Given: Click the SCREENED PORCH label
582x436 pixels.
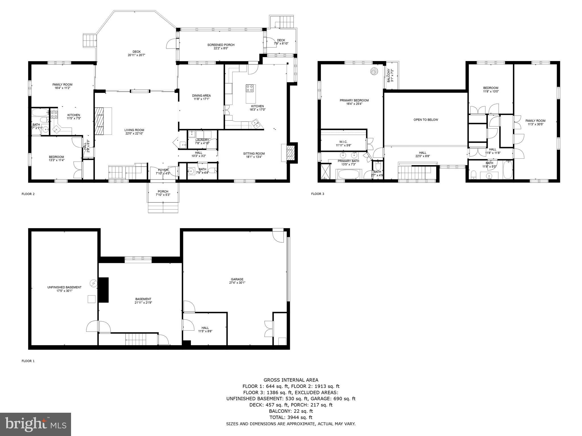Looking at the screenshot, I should pyautogui.click(x=221, y=45).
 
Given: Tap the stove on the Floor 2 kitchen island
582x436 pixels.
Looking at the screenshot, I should pyautogui.click(x=250, y=88).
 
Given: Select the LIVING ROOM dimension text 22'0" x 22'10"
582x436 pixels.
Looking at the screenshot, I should pyautogui.click(x=134, y=133).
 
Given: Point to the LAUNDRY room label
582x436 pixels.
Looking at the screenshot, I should pyautogui.click(x=202, y=140).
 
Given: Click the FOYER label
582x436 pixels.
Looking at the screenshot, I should pyautogui.click(x=163, y=170).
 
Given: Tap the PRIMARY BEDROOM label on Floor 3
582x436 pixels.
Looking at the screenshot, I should pyautogui.click(x=354, y=100).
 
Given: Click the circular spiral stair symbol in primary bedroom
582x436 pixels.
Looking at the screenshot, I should pyautogui.click(x=374, y=71).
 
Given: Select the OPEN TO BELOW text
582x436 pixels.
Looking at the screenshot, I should pyautogui.click(x=425, y=120).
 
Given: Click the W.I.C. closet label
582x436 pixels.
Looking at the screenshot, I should pyautogui.click(x=343, y=142).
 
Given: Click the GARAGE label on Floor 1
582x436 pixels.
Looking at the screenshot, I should pyautogui.click(x=237, y=279).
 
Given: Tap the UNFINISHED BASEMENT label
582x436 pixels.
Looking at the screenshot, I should pyautogui.click(x=64, y=287).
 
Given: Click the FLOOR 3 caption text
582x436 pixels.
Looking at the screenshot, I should pyautogui.click(x=317, y=194).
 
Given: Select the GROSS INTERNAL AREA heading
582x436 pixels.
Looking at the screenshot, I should pyautogui.click(x=291, y=380).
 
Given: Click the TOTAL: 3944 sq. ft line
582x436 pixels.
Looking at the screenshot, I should pyautogui.click(x=291, y=417).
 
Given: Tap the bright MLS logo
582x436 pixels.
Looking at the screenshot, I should pyautogui.click(x=35, y=424).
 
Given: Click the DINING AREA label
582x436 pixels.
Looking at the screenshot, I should pyautogui.click(x=201, y=96).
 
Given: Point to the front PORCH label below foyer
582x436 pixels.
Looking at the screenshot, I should pyautogui.click(x=163, y=191).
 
